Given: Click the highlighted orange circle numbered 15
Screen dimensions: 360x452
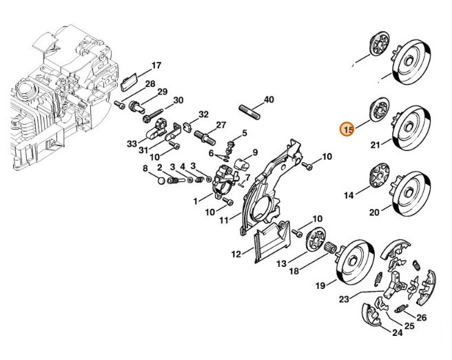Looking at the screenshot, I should coord(348,128).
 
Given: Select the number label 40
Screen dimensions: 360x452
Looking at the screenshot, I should coord(269,99).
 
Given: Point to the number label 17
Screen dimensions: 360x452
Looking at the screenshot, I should coord(156,66).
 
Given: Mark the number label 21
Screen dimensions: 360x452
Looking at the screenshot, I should coord(375,145).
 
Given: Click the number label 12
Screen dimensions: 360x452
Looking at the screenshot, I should coord(236,254).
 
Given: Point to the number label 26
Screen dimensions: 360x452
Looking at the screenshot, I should coord(422,318).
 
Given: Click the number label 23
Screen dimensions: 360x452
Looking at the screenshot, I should coord(344,299).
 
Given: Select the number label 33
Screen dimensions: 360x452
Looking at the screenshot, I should coord(132,143).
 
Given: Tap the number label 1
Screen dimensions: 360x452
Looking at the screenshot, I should coord(196,201).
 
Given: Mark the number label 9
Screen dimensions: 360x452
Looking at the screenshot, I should coord(254,152).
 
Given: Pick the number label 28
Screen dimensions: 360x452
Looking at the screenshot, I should coord(150,83).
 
